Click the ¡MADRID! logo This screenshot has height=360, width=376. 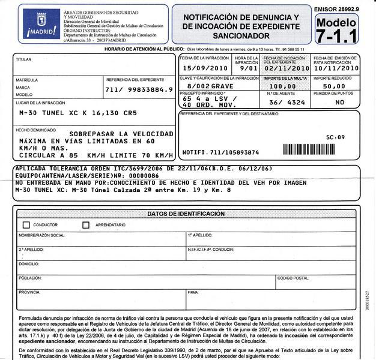[39, 24]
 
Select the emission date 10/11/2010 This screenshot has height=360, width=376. [336, 69]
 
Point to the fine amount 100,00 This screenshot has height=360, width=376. [287, 86]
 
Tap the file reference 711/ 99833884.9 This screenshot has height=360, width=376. [139, 89]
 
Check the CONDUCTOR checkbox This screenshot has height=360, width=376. [26, 225]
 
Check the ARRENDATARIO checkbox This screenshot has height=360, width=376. [86, 225]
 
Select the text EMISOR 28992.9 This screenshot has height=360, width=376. [336, 9]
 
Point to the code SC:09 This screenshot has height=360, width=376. [335, 137]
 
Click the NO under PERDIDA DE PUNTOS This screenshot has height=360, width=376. [340, 103]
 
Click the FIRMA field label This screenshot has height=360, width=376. [193, 292]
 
